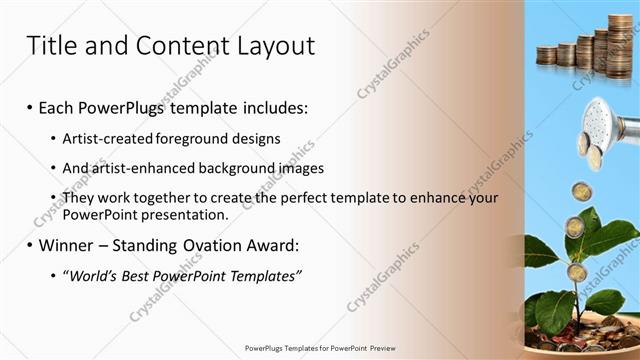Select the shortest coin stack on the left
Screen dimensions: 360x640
click(547, 56)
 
